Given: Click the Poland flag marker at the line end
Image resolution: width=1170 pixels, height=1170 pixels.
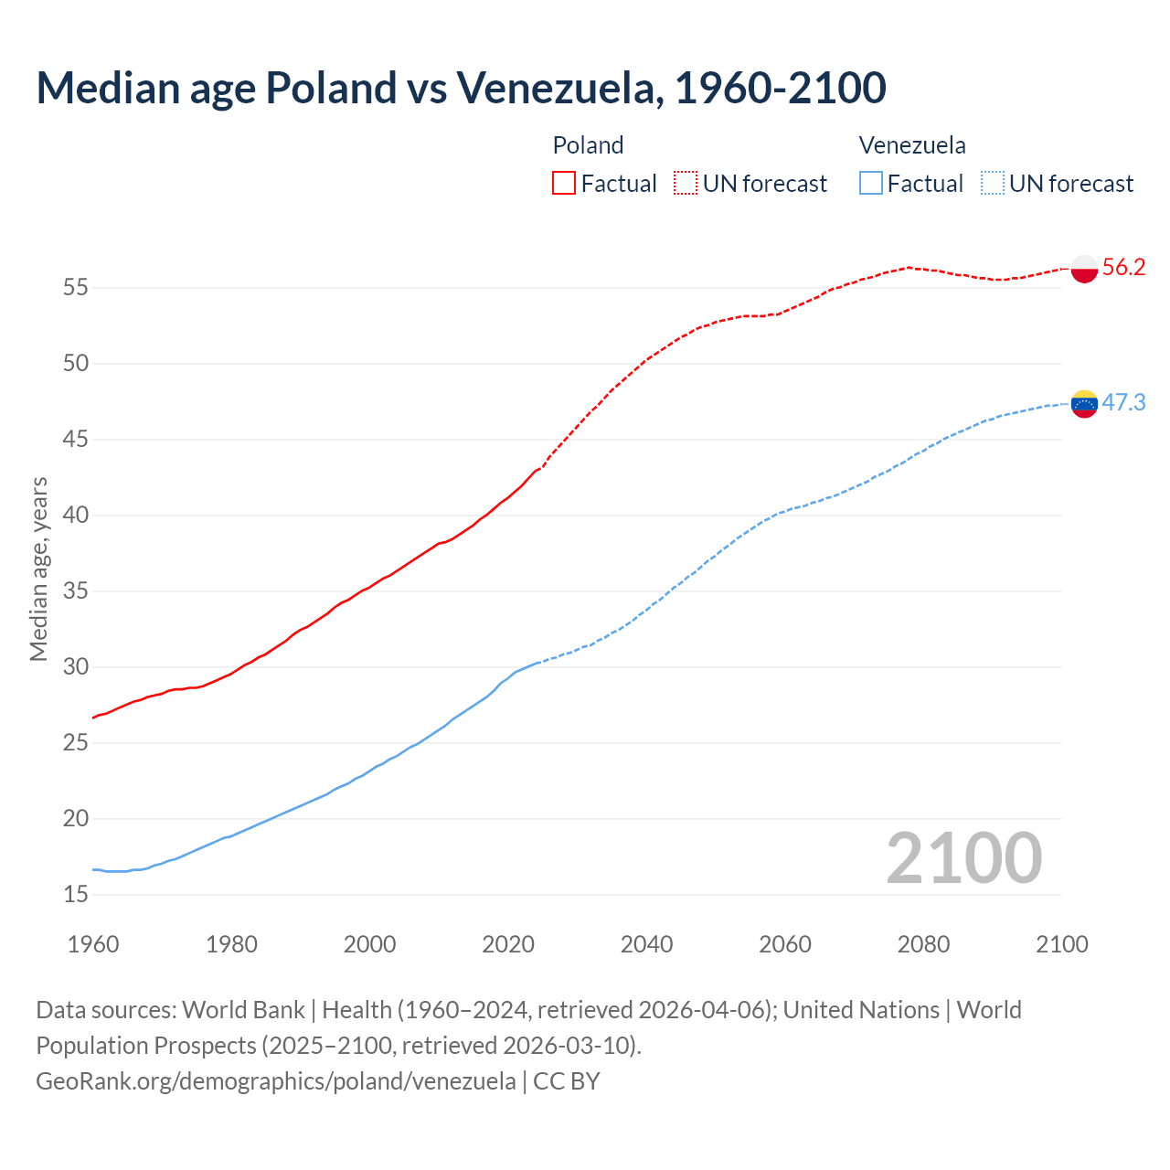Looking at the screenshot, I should click(x=1084, y=269).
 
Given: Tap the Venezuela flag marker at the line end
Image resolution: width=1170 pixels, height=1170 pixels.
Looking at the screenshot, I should click(x=1084, y=403).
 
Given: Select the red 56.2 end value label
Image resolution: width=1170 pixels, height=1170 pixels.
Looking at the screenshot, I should click(x=1124, y=268).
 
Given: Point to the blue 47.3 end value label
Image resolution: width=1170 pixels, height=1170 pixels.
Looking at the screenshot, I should click(x=1124, y=403).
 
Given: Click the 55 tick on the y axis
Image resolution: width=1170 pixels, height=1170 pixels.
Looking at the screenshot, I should click(x=75, y=288).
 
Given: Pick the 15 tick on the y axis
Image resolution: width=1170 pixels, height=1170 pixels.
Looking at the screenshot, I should click(x=75, y=895).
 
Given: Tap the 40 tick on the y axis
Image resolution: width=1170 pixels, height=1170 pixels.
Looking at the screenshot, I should click(x=75, y=516).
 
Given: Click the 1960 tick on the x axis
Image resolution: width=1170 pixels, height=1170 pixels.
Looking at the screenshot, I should click(x=93, y=944).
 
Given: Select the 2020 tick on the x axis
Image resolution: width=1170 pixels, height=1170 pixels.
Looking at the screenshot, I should click(x=508, y=944).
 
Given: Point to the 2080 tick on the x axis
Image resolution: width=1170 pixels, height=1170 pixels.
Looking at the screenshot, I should click(x=923, y=944).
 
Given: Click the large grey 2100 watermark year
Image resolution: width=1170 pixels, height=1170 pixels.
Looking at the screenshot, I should click(x=964, y=858).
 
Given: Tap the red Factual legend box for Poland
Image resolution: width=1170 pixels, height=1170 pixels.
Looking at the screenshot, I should click(x=564, y=184).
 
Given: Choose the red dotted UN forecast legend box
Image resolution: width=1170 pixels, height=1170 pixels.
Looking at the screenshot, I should click(x=686, y=184).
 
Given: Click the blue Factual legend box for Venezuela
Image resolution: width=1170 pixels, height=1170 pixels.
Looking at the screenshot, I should click(x=870, y=184).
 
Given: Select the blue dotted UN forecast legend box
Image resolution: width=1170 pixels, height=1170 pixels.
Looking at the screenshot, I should click(x=992, y=184).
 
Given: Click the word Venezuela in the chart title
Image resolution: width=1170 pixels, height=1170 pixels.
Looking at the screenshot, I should click(x=559, y=88).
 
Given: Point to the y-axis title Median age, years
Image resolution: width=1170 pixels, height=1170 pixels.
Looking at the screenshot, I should click(x=38, y=569).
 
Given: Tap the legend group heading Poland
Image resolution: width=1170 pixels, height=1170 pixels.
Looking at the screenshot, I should click(x=588, y=145).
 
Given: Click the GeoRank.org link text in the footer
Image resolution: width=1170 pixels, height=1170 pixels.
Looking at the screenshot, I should click(x=275, y=1081).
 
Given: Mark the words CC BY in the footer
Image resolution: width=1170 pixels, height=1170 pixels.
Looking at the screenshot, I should click(x=567, y=1081).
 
